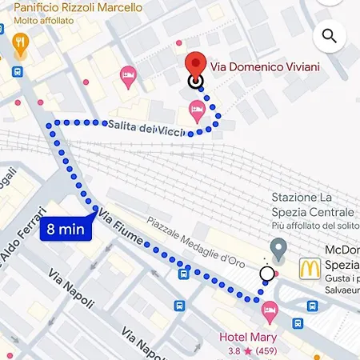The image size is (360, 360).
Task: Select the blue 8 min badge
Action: tap(66, 229)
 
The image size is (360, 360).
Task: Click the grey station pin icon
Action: tap(278, 249)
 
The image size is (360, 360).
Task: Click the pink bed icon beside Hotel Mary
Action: tap(271, 308)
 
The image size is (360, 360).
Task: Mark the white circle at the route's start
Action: tap(266, 274)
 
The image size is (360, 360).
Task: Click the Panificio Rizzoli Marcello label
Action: tap(78, 7)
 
